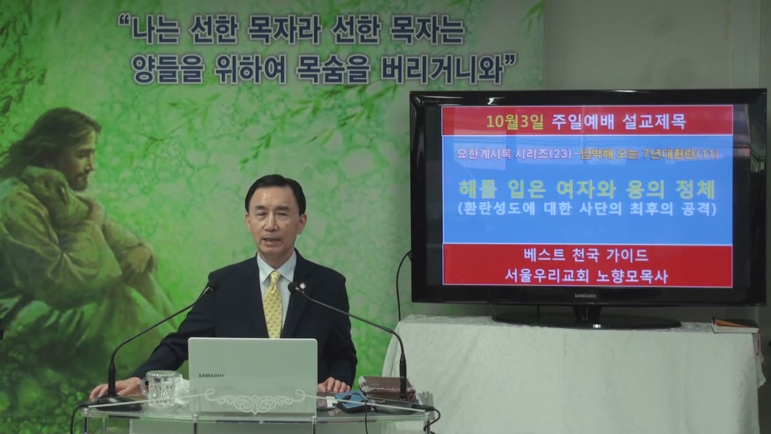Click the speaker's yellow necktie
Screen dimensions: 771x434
(x=273, y=304)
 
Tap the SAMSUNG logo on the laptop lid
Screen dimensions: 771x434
(x=211, y=376)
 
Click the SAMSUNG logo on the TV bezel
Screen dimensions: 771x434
(x=585, y=296)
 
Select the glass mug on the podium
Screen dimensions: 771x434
(x=160, y=388)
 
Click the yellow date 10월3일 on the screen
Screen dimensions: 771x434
(x=515, y=122)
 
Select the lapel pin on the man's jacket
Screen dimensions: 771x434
(x=302, y=286)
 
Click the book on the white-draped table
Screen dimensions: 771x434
(x=735, y=325)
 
